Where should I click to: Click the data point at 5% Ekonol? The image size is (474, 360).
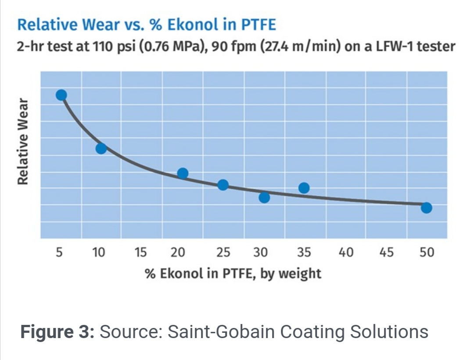pyautogui.click(x=61, y=95)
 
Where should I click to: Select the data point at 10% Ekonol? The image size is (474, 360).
pyautogui.click(x=101, y=148)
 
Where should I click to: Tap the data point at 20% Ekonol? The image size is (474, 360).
pyautogui.click(x=183, y=173)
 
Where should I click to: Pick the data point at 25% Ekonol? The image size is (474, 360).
pyautogui.click(x=223, y=185)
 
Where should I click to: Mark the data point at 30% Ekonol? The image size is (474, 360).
pyautogui.click(x=264, y=198)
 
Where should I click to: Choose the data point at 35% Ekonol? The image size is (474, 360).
pyautogui.click(x=304, y=188)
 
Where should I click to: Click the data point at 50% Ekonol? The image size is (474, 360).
pyautogui.click(x=426, y=208)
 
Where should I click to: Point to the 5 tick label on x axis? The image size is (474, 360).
pyautogui.click(x=59, y=252)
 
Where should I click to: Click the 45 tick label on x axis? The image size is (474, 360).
pyautogui.click(x=386, y=252)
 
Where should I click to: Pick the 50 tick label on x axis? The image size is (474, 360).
pyautogui.click(x=426, y=252)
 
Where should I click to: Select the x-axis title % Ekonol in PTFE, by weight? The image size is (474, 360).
pyautogui.click(x=233, y=274)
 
